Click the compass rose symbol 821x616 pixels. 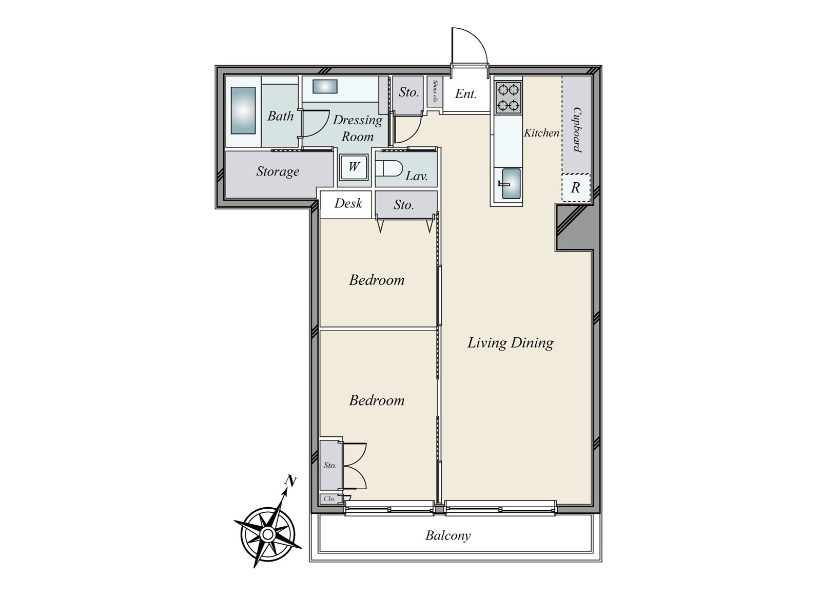coord(267,535)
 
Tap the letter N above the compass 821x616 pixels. coord(290,481)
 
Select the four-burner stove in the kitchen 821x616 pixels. coord(508,98)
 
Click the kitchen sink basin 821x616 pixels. coord(511,184)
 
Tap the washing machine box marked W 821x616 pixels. coord(354,167)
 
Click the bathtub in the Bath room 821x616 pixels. coord(243,110)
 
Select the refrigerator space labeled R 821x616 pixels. coord(575,188)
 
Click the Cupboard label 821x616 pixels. coord(577,129)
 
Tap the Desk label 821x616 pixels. coord(348,203)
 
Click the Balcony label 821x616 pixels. coord(448,536)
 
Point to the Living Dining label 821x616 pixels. coord(510,342)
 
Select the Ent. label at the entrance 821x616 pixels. coord(466,93)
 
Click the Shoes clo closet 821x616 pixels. coord(435,91)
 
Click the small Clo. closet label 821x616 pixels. coord(329,498)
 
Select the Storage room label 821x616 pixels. coord(278,171)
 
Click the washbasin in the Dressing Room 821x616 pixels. coord(325,87)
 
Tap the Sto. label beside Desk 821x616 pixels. coord(404,205)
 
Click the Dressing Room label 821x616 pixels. coord(358,128)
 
